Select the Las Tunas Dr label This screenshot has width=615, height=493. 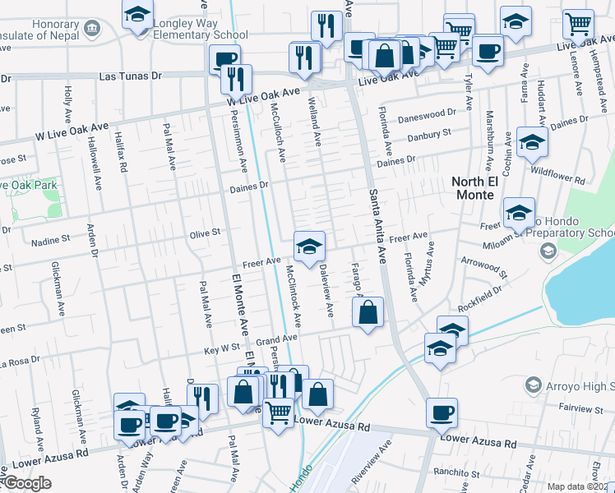[127, 76]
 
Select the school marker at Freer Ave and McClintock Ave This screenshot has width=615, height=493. [309, 246]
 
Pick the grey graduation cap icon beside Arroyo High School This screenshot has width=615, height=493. [534, 385]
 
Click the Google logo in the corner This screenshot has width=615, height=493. [27, 483]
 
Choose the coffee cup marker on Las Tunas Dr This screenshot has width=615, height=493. [224, 59]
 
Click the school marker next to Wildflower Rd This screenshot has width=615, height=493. [532, 143]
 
